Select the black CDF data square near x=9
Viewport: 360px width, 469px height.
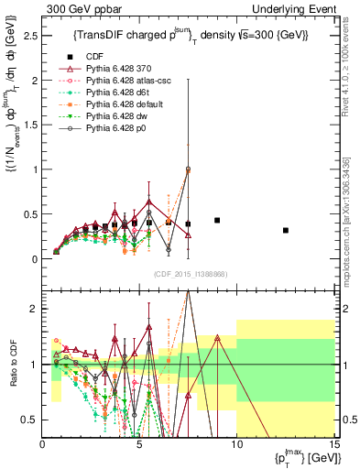click(217, 221)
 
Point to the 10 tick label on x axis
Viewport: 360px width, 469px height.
click(235, 444)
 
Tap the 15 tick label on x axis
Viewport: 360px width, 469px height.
click(333, 444)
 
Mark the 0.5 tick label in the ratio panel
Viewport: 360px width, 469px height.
click(28, 420)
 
